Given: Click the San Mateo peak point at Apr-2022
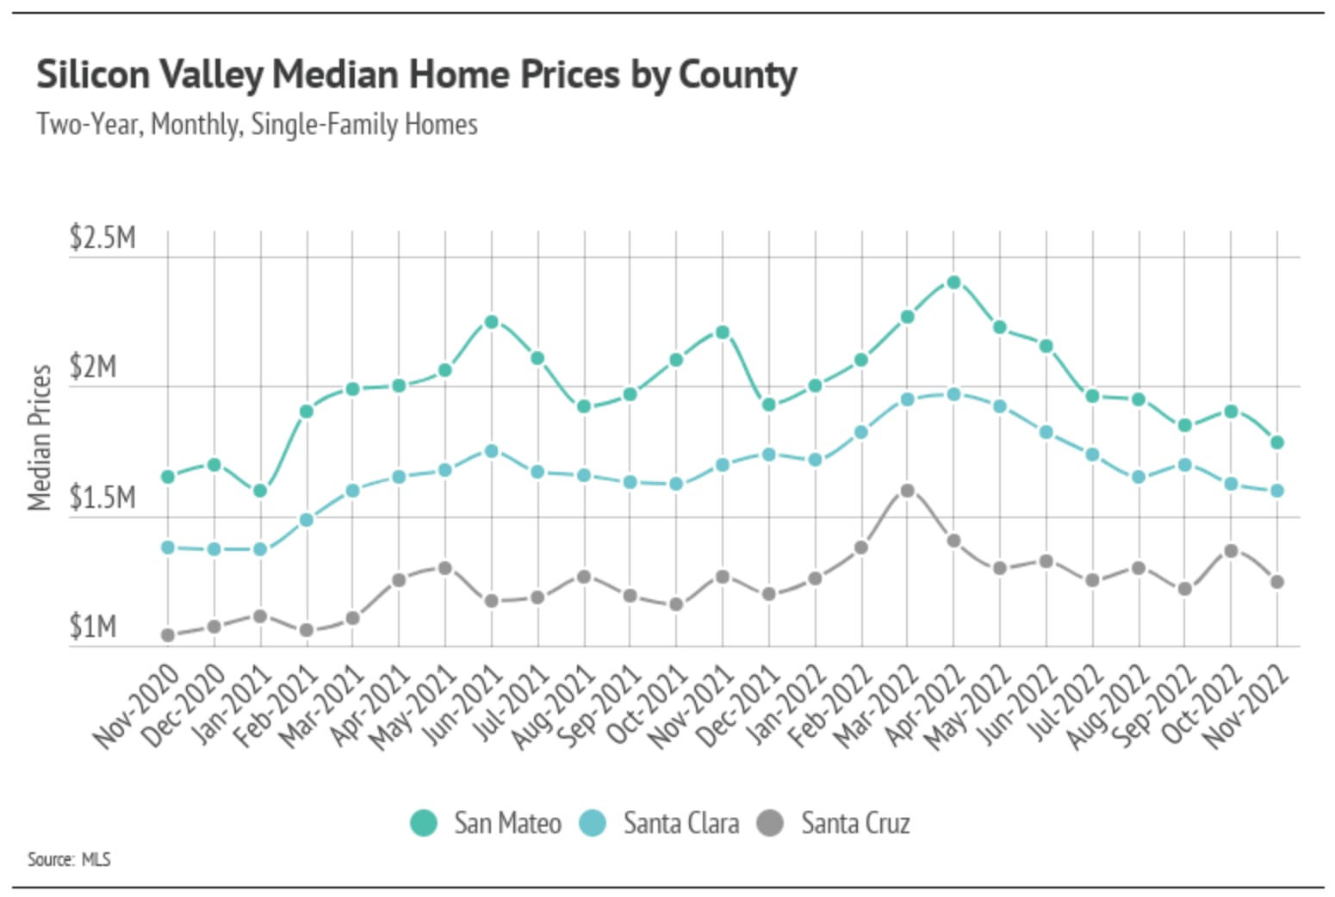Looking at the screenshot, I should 953,282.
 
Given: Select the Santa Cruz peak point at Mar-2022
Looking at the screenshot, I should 907,491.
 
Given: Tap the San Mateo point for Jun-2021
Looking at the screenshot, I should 491,322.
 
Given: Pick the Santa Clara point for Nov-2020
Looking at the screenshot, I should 168,547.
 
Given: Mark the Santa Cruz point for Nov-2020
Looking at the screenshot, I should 168,635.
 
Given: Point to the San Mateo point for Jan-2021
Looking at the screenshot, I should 260,491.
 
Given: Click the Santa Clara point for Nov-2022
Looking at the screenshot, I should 1277,491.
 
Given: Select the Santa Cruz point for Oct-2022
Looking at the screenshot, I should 1231,551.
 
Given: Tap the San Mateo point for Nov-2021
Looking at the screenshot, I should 723,332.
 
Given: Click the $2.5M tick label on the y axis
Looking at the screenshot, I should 102,238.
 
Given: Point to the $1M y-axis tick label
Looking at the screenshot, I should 93,627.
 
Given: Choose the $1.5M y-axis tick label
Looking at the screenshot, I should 102,498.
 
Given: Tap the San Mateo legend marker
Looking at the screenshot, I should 424,823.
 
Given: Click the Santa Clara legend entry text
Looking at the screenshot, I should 680,823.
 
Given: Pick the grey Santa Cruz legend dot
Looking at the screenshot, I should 770,823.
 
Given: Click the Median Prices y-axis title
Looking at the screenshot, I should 40,437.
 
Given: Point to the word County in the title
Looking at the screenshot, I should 737,75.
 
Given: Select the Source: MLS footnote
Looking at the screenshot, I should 69,859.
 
